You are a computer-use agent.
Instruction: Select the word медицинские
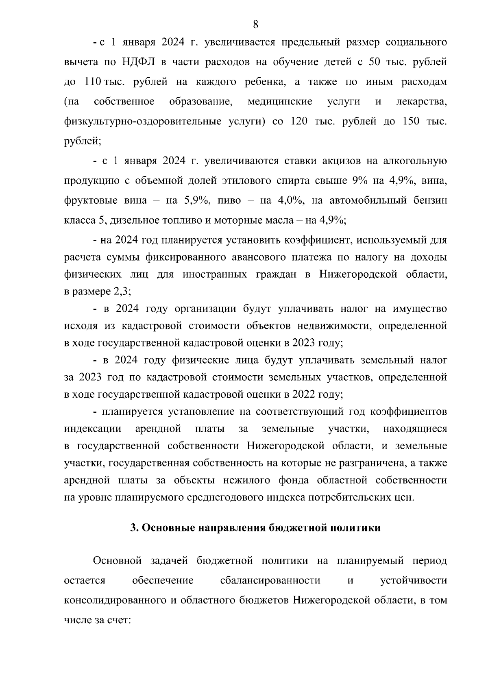pyautogui.click(x=280, y=101)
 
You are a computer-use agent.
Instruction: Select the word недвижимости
pyautogui.click(x=334, y=326)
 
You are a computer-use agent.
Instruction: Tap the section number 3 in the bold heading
pyautogui.click(x=133, y=528)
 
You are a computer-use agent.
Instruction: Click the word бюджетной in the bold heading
pyautogui.click(x=297, y=528)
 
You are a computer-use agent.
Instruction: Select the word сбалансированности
pyautogui.click(x=270, y=580)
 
